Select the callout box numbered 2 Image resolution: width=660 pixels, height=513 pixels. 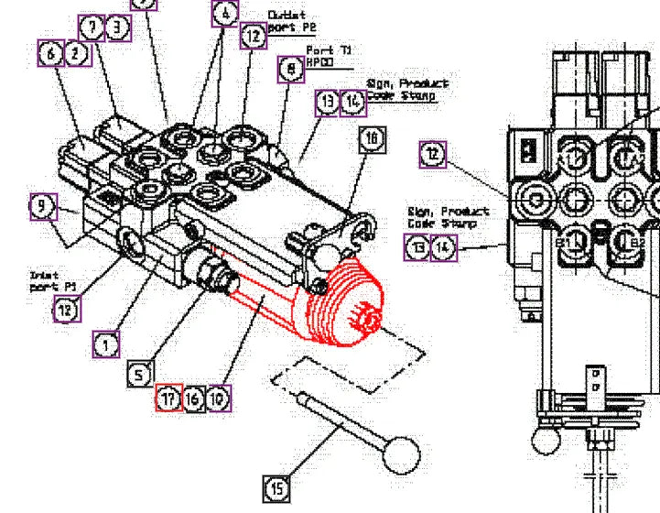pos(78,54)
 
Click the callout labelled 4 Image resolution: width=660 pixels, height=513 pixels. pos(225,14)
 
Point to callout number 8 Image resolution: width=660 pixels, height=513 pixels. pos(291,70)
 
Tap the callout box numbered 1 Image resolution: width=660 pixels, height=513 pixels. pos(106,344)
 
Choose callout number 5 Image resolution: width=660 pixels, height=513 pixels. pos(138,374)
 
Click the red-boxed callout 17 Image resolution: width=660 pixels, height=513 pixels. pos(168,398)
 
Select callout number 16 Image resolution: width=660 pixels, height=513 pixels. pos(193,398)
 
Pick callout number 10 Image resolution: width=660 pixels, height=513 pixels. pos(218,398)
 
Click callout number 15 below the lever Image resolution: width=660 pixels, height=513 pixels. pos(276,488)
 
